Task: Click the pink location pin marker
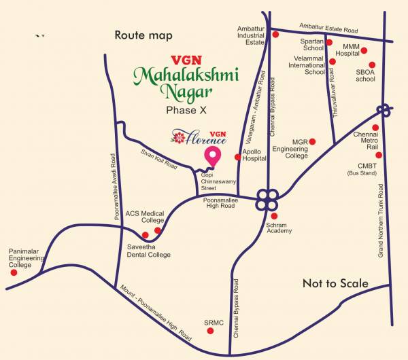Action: point(214,156)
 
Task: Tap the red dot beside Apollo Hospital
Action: point(237,158)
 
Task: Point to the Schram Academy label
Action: point(279,227)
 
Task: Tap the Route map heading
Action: point(143,35)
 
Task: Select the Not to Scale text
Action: point(335,283)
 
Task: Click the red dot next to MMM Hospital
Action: point(364,50)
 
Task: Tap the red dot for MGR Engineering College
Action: point(312,141)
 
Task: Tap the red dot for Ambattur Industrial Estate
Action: point(275,34)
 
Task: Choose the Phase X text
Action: point(187,109)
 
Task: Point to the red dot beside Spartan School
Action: point(329,42)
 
